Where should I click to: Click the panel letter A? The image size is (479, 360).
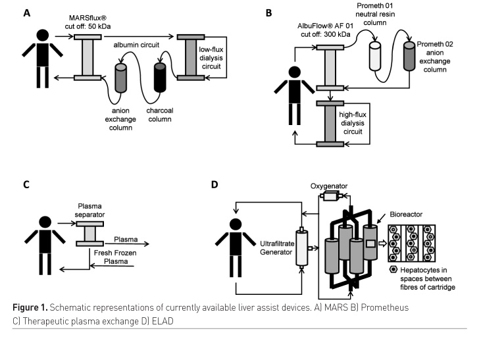coord(26,12)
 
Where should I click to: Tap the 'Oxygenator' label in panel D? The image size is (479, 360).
coord(329,186)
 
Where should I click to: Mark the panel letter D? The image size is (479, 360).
coord(214,184)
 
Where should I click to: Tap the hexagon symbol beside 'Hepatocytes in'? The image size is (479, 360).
coord(393,271)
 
